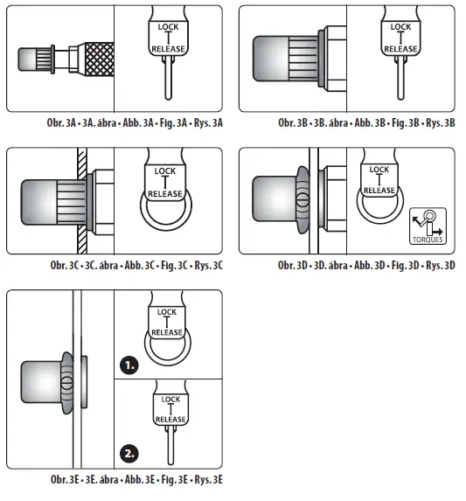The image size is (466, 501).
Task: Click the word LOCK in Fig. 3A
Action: coord(169,27)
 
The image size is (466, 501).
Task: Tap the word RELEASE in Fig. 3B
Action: coord(400,49)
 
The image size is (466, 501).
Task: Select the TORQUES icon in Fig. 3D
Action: coord(428,226)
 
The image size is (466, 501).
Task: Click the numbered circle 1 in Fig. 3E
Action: coord(129,365)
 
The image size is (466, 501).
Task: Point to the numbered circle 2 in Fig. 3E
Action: coord(129,454)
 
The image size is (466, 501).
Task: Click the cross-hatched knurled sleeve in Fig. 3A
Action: coord(100,59)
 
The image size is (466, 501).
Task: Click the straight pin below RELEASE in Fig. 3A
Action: coord(169,78)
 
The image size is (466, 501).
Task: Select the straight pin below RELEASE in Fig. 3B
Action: coord(400,78)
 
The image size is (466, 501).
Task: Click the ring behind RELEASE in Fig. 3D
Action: coord(380,217)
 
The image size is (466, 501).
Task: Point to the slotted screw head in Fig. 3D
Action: coord(303,201)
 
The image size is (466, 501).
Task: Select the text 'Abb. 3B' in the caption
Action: coord(370,123)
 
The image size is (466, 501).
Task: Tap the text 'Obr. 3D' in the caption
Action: coord(293,266)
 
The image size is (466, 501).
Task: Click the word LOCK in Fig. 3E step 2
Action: coord(170,400)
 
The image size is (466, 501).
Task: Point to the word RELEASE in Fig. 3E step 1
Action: coord(167,332)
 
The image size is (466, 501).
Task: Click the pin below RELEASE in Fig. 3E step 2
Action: coord(170,445)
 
